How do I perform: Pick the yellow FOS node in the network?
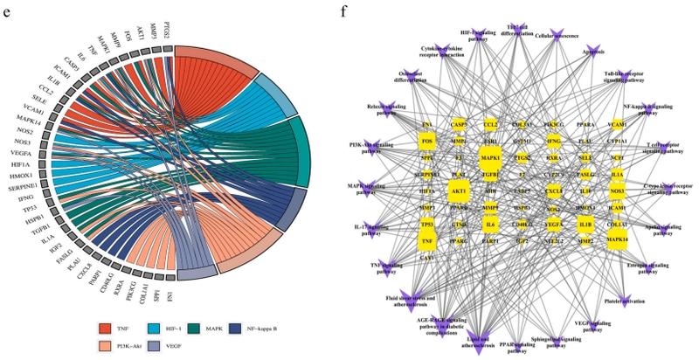pyautogui.click(x=427, y=141)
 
